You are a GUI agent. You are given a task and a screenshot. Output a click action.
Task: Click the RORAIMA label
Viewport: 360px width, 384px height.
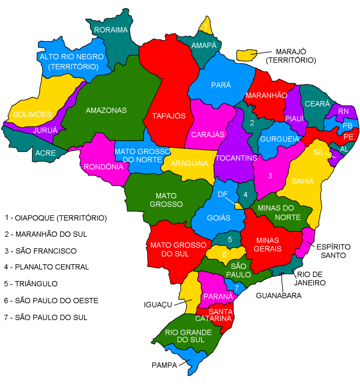tap(111, 30)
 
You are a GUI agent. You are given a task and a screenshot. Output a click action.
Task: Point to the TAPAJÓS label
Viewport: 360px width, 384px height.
tap(169, 115)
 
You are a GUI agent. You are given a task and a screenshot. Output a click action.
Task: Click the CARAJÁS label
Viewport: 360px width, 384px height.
tap(208, 134)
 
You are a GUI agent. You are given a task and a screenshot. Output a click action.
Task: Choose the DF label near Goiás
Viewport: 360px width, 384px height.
tap(223, 194)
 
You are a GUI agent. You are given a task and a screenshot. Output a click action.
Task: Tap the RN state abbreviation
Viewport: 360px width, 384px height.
tap(343, 111)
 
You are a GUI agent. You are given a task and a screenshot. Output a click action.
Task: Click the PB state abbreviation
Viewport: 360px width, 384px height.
tap(348, 126)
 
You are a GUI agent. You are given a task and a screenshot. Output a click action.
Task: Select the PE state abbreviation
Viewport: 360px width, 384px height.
tap(348, 137)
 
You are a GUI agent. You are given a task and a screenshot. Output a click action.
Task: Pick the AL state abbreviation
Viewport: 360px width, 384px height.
tap(344, 149)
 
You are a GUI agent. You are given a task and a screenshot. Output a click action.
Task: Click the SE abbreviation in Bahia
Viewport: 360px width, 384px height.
tap(317, 152)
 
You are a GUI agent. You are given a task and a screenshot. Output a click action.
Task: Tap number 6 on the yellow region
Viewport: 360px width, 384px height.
tap(224, 254)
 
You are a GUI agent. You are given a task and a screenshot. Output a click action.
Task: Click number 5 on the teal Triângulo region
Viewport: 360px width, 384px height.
tap(230, 239)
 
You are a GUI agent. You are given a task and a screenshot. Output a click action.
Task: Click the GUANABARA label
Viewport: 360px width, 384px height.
tap(278, 295)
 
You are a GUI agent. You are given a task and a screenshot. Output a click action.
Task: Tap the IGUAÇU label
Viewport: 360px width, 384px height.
tap(159, 304)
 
